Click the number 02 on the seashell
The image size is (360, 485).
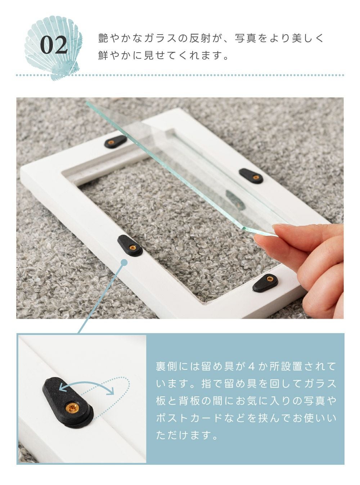point(54,45)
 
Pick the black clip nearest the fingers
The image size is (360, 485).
point(265,282)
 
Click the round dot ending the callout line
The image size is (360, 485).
point(124,262)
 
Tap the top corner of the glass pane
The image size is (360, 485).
point(86,102)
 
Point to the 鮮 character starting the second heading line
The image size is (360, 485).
point(103,55)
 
